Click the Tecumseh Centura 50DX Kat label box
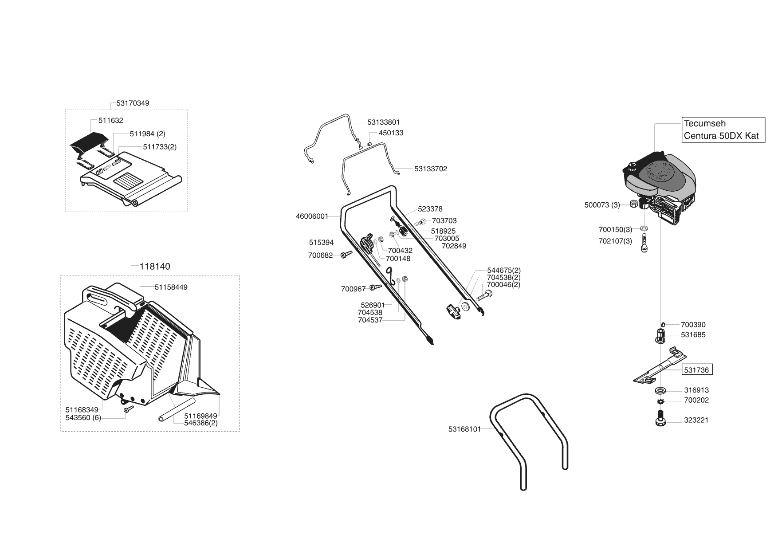click(x=723, y=130)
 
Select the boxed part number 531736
click(x=697, y=370)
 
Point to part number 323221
click(x=696, y=420)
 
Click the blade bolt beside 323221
click(x=660, y=418)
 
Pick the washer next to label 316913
click(x=660, y=391)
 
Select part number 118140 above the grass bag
click(x=155, y=267)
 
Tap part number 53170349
click(x=133, y=103)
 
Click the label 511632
click(x=111, y=120)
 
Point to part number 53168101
click(x=464, y=429)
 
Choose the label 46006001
click(x=312, y=216)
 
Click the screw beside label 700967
click(x=376, y=287)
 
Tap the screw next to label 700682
click(x=346, y=254)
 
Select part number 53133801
click(x=384, y=122)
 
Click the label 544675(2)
click(x=504, y=270)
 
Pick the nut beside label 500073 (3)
click(x=634, y=204)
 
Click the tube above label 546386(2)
click(x=177, y=410)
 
